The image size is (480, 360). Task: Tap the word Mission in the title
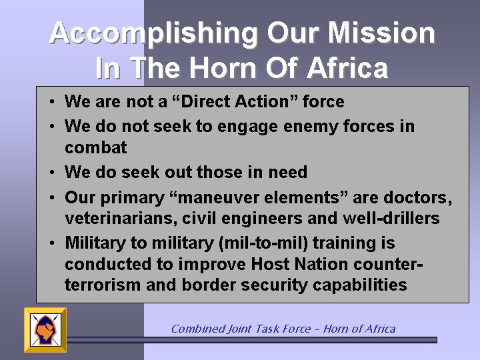click(x=381, y=33)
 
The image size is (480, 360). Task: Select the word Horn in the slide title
click(x=222, y=67)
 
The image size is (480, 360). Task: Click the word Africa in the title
click(x=347, y=67)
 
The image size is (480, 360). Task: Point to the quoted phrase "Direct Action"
click(x=235, y=101)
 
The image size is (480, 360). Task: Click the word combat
click(x=96, y=147)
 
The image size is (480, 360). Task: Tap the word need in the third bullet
click(x=288, y=172)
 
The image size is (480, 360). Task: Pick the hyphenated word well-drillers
click(x=391, y=218)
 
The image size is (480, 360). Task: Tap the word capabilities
click(x=360, y=285)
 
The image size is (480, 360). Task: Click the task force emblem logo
click(x=45, y=330)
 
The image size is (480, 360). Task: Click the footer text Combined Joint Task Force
click(x=241, y=329)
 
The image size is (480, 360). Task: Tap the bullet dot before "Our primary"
click(x=52, y=198)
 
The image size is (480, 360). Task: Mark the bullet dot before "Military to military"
click(x=52, y=243)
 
